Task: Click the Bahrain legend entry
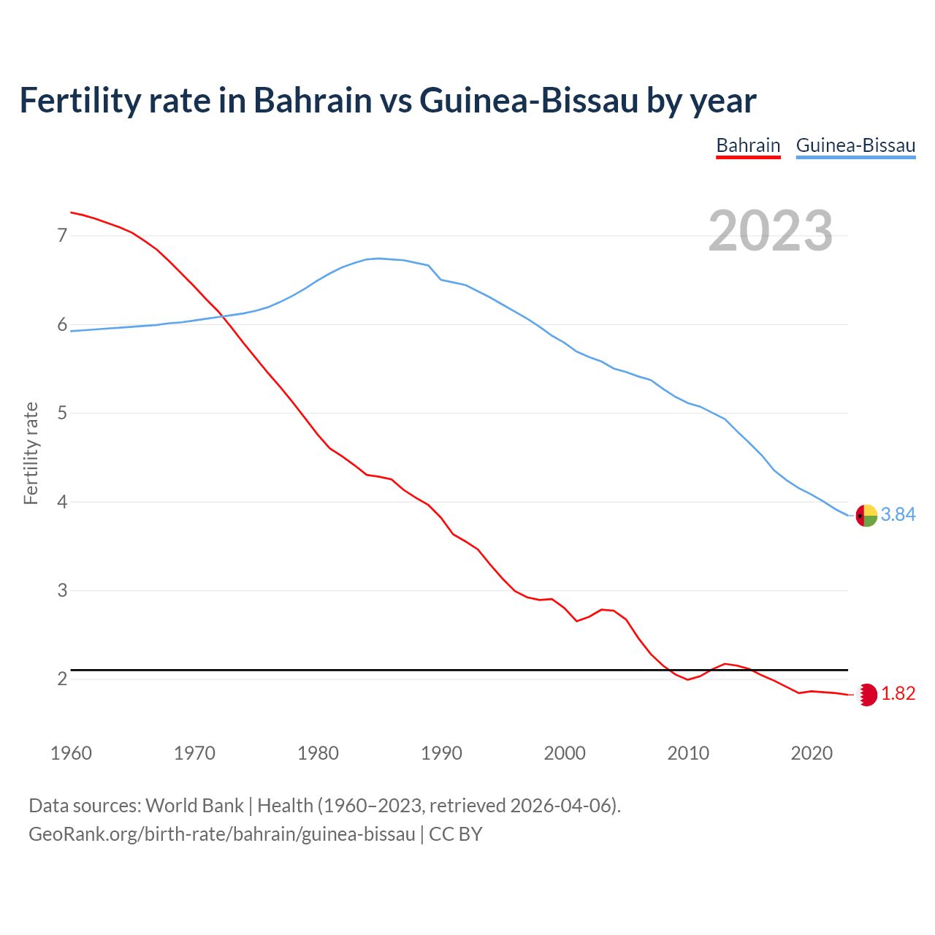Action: click(x=748, y=145)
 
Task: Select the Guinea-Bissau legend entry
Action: click(x=855, y=145)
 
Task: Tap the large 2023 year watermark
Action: click(x=771, y=231)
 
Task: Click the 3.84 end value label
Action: click(x=898, y=515)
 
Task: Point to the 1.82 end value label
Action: click(x=898, y=694)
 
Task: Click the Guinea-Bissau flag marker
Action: click(x=866, y=516)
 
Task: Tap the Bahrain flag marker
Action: click(x=866, y=695)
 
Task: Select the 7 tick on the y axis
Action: click(x=62, y=235)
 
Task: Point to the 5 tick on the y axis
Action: click(x=62, y=413)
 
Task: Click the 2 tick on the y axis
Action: click(x=62, y=679)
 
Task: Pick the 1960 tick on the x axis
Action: click(x=71, y=753)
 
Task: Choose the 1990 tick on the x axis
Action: click(x=441, y=753)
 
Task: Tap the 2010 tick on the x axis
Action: click(x=688, y=753)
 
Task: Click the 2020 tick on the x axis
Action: click(x=812, y=753)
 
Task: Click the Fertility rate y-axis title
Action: click(x=31, y=453)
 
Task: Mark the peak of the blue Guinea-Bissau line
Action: click(x=378, y=258)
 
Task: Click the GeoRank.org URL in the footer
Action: click(x=221, y=834)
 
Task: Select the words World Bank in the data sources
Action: click(x=194, y=806)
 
